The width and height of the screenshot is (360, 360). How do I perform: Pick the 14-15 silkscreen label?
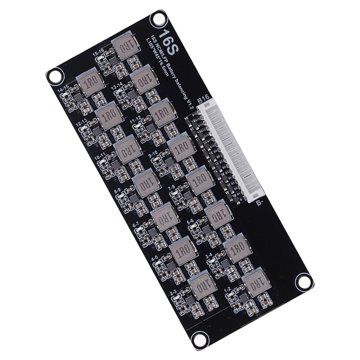click(x=63, y=88)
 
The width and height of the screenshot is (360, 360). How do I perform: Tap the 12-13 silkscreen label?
click(x=81, y=123)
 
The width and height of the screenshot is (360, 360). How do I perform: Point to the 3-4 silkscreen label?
click(x=209, y=255)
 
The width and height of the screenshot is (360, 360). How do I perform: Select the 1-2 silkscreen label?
click(x=228, y=289)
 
